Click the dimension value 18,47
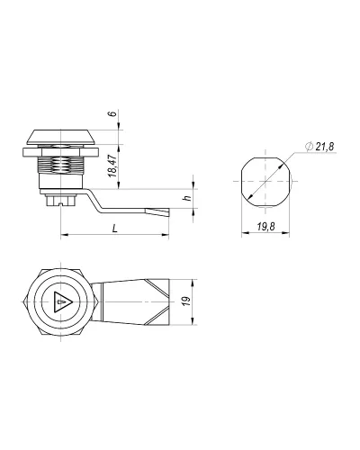click(112, 166)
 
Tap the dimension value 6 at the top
click(112, 114)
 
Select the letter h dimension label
click(187, 198)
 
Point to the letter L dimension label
click(115, 229)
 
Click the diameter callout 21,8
click(319, 147)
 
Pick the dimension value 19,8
click(265, 227)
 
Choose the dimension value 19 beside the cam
click(187, 301)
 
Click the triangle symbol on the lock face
click(62, 301)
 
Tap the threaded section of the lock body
click(60, 165)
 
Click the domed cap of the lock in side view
click(61, 137)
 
